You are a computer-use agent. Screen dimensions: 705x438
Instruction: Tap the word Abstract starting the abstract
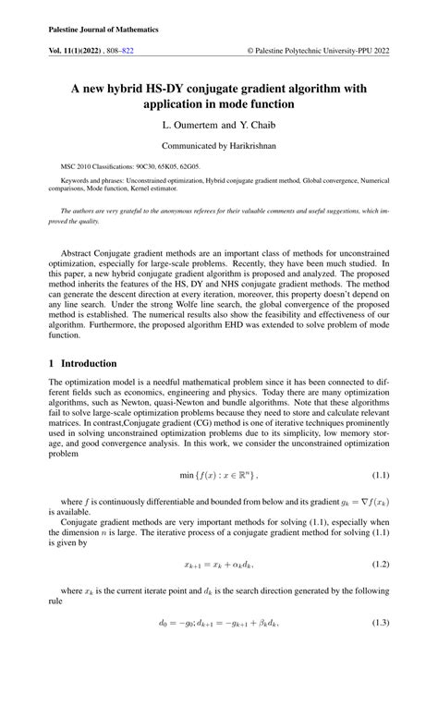[x=78, y=253]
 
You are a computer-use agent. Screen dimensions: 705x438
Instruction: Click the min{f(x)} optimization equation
[x=218, y=501]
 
